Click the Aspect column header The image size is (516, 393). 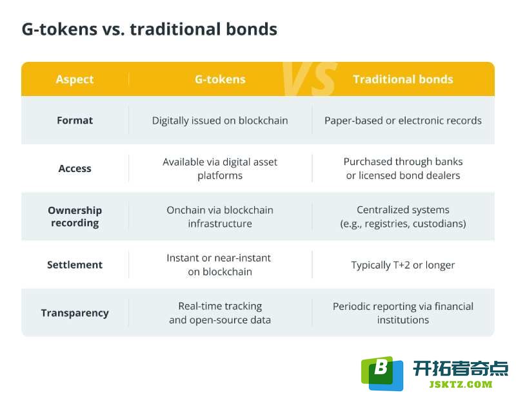pos(75,79)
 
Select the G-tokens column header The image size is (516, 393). pos(220,79)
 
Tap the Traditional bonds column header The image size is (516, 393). pos(402,79)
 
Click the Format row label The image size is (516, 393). pos(75,120)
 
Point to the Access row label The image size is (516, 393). pos(75,168)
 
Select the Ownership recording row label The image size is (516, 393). pos(75,216)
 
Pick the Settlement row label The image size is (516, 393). pos(75,265)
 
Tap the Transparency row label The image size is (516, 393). pos(75,313)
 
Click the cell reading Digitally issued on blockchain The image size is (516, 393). pos(220,120)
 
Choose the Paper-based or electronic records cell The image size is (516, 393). pos(402,120)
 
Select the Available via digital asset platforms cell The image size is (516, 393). pos(220,169)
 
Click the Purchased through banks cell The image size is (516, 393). pos(402,168)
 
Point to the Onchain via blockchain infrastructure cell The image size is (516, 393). pos(220,216)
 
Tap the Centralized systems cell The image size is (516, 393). pos(402,216)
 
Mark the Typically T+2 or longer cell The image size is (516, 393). pos(402,265)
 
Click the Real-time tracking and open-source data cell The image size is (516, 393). pos(220,313)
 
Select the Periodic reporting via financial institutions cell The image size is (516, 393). pos(402,313)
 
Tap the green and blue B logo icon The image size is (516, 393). pos(382,373)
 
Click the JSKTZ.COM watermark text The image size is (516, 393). pos(461,384)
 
